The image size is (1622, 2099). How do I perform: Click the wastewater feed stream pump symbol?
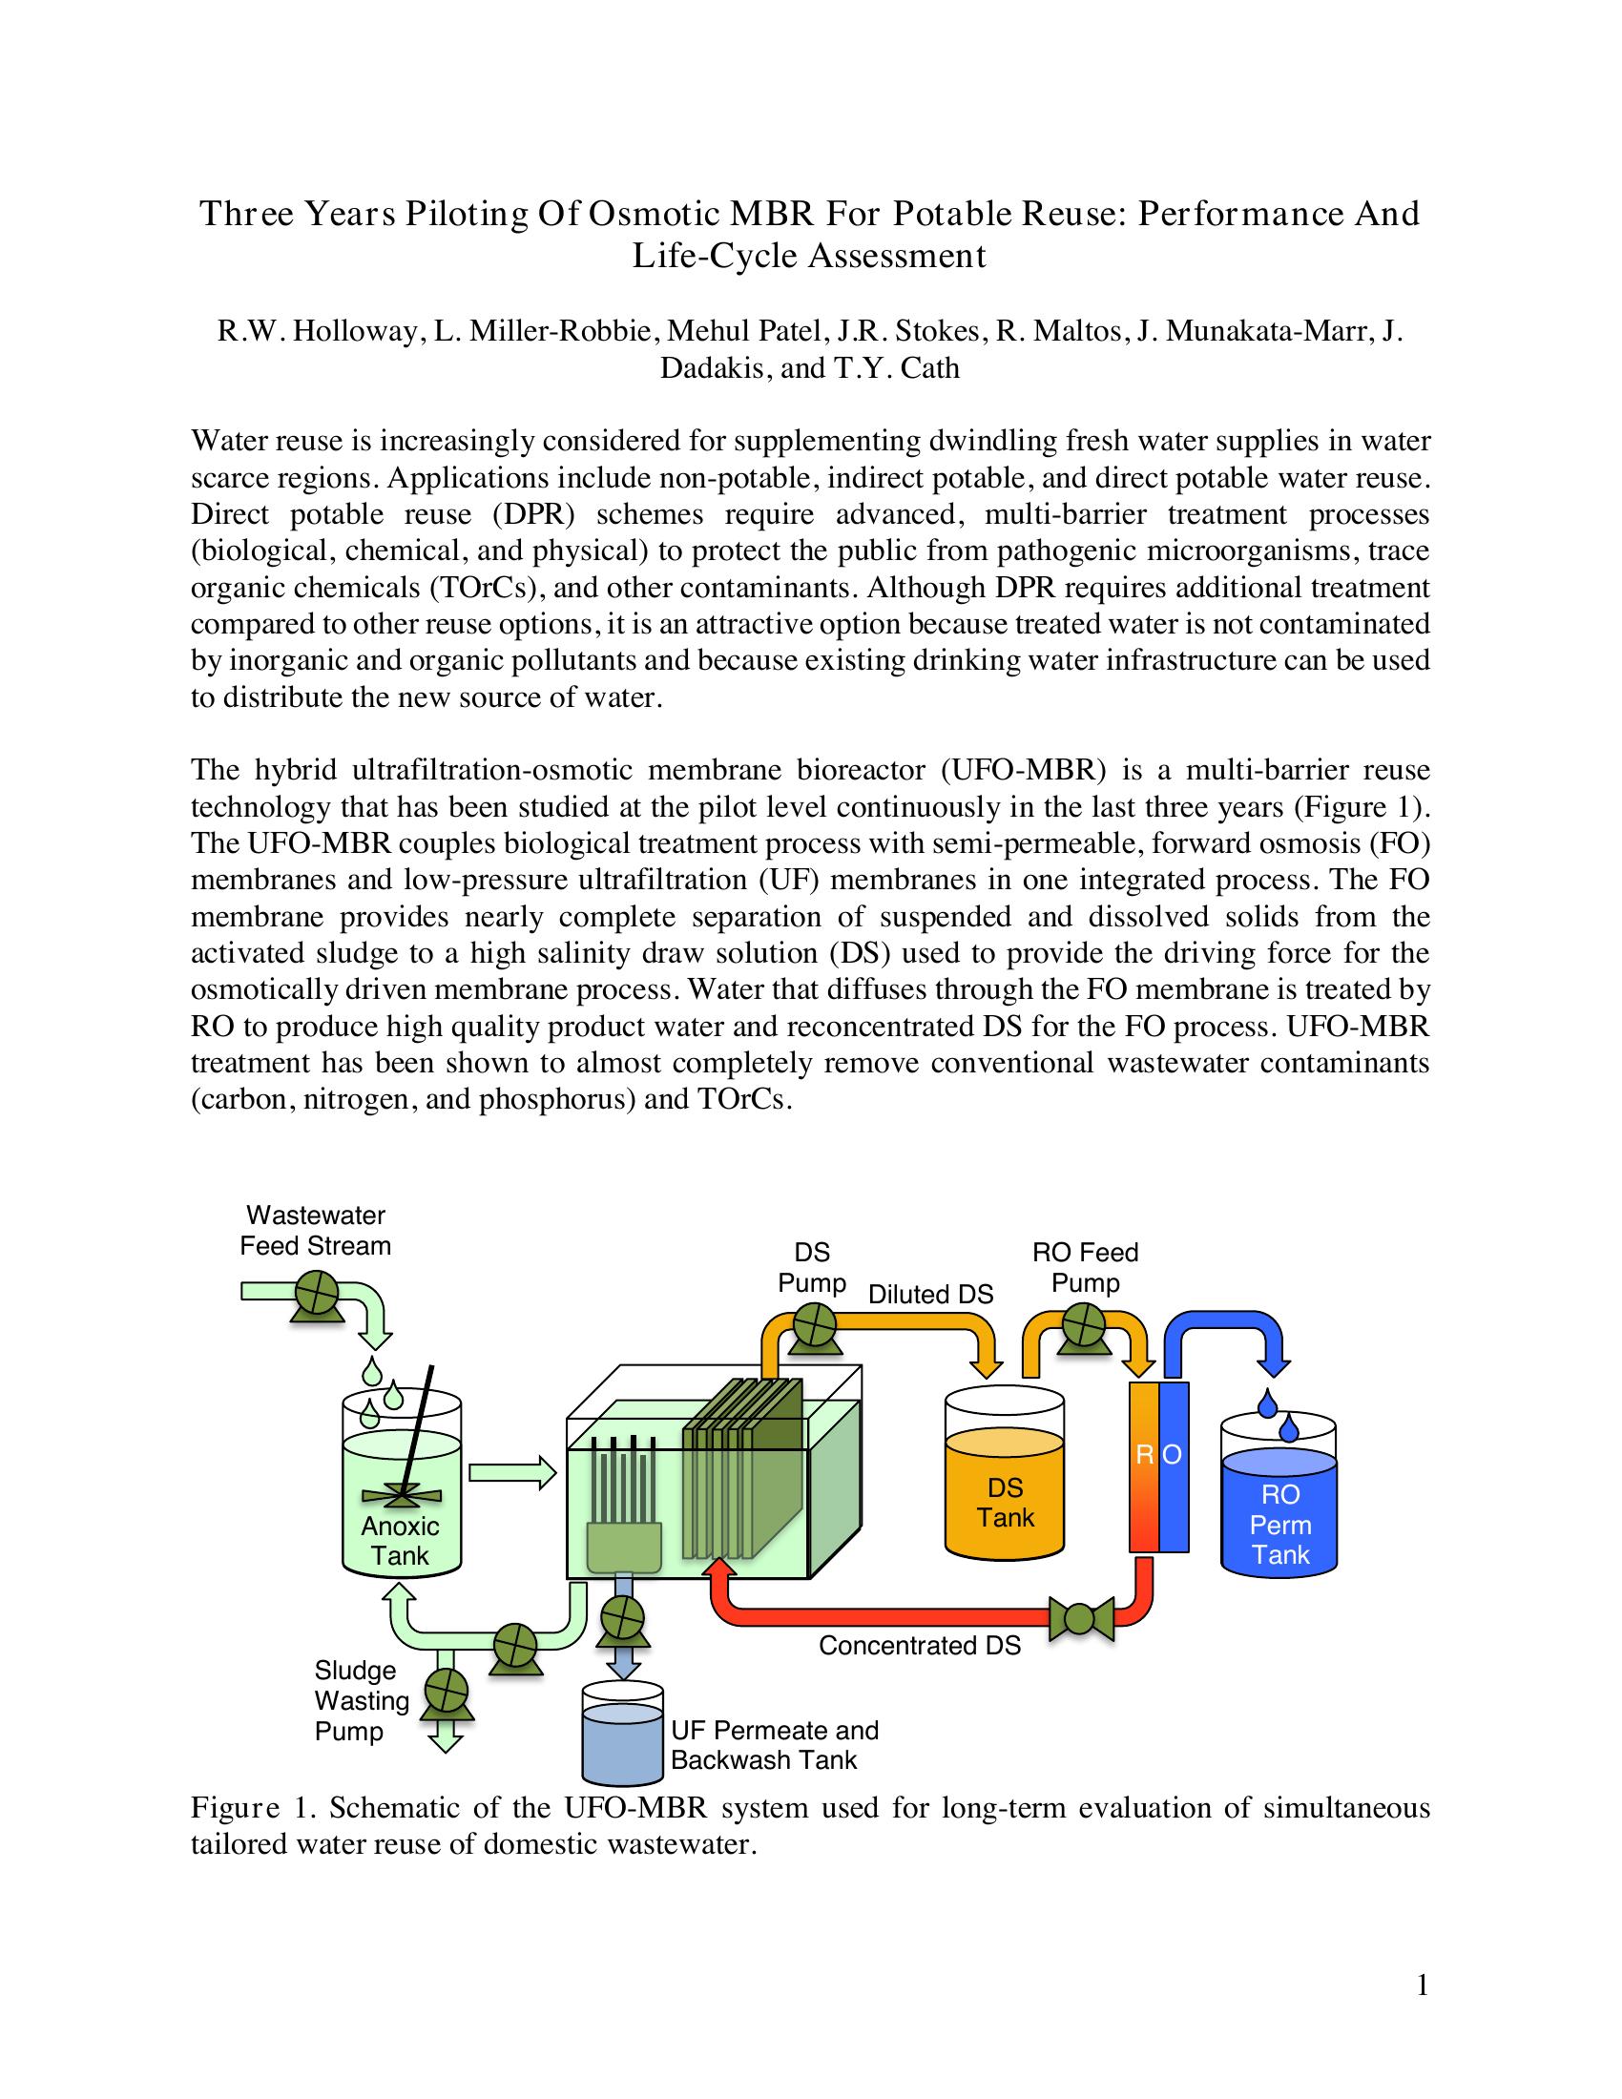click(314, 1294)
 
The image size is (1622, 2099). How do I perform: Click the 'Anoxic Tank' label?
click(400, 1540)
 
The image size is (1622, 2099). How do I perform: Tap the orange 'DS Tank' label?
click(1005, 1502)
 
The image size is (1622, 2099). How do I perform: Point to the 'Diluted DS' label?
click(930, 1295)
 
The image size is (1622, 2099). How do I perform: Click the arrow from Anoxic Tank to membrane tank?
click(512, 1473)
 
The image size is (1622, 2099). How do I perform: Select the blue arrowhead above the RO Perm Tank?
click(1274, 1364)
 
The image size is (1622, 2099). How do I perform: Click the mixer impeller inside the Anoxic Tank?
click(402, 1495)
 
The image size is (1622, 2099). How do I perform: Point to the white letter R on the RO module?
click(1144, 1455)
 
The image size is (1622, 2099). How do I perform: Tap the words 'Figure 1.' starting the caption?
click(254, 1808)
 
